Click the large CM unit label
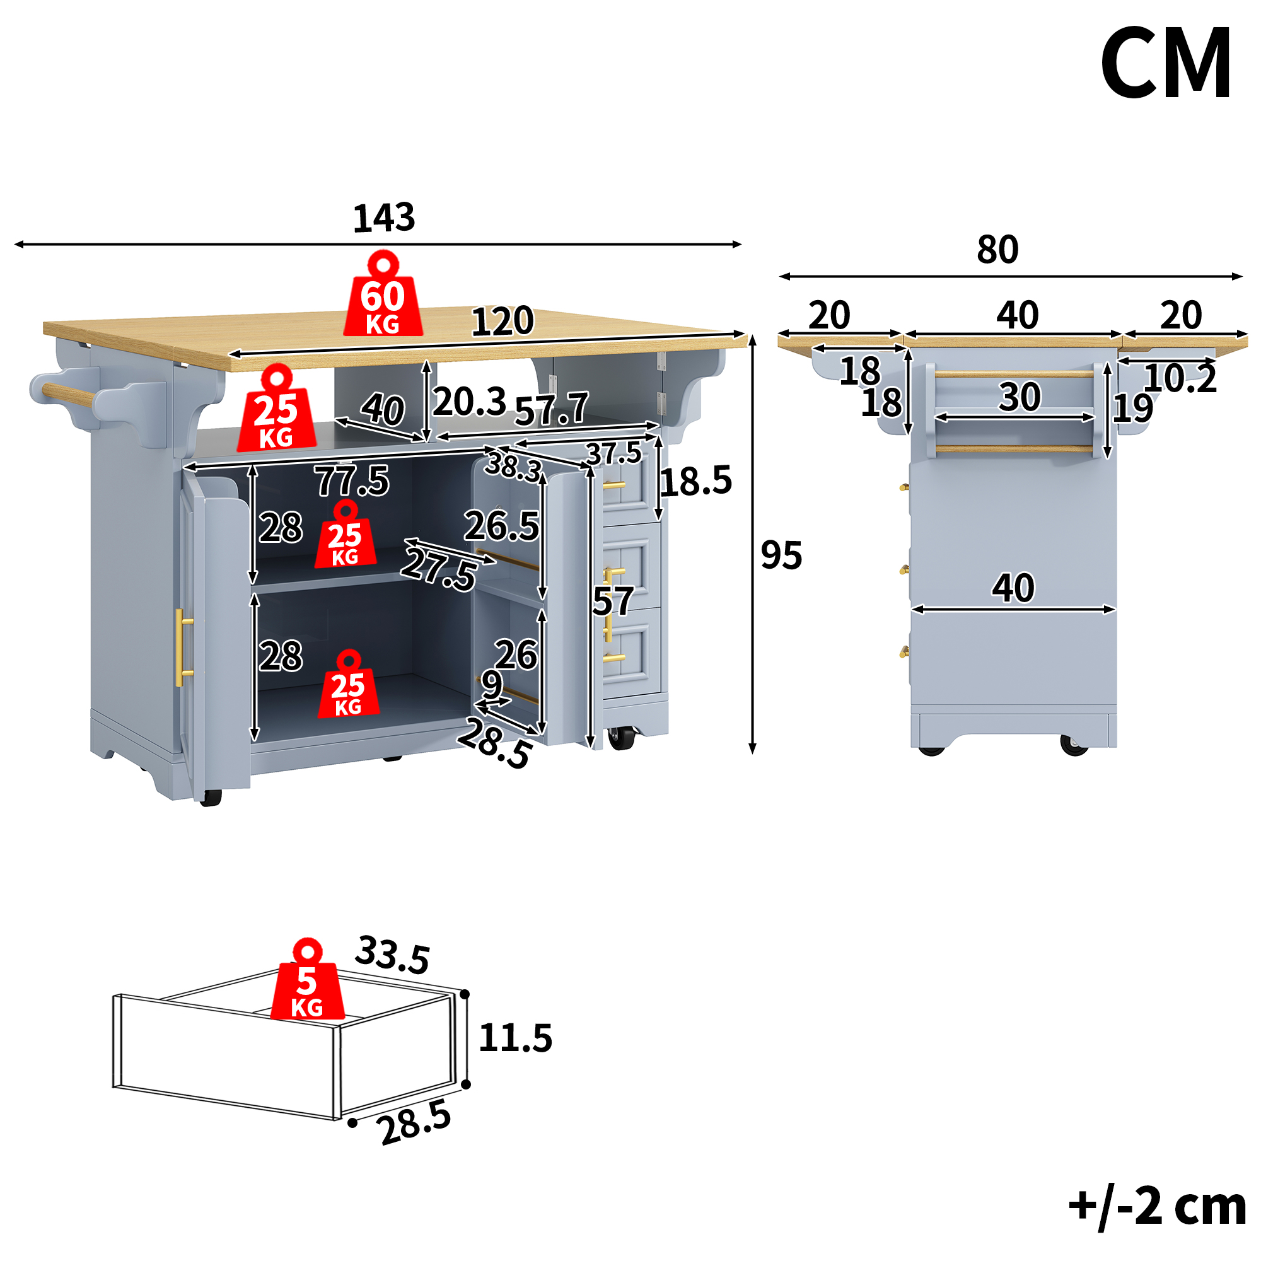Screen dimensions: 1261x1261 (x=1166, y=63)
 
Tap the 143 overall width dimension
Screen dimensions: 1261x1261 (x=384, y=218)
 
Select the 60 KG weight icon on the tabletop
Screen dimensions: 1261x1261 (x=383, y=294)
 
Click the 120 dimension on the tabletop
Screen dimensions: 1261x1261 (x=503, y=321)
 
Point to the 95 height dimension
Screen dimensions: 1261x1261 (x=781, y=555)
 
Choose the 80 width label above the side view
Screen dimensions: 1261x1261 (x=997, y=249)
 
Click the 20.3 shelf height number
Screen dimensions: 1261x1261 (x=469, y=402)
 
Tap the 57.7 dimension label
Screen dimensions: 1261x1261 (x=552, y=409)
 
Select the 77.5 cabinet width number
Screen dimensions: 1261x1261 (x=352, y=481)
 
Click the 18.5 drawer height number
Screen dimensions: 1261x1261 (x=697, y=482)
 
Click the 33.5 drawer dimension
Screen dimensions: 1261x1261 (x=392, y=955)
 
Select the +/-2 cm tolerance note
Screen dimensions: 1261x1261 (x=1157, y=1207)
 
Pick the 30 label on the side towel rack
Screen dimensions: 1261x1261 (x=1020, y=397)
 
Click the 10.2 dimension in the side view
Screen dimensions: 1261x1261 (x=1180, y=378)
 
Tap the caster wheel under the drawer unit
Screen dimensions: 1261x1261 (x=622, y=738)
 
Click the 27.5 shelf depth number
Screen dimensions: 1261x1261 (x=439, y=569)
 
